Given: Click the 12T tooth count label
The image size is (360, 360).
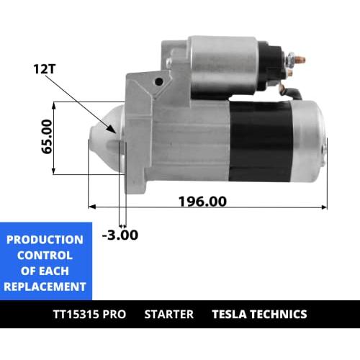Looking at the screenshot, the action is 45,69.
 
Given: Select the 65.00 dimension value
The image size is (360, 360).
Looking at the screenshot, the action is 47,137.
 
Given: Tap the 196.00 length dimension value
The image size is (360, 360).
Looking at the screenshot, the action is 202,201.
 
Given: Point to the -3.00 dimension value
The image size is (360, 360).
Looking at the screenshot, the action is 120,235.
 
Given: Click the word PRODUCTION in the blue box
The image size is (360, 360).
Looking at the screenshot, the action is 45,240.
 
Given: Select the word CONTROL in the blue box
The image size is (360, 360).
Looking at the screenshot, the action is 45,256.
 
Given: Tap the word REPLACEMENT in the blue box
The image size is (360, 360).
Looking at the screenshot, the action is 45,287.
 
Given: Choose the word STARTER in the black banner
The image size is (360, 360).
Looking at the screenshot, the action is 169,314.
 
